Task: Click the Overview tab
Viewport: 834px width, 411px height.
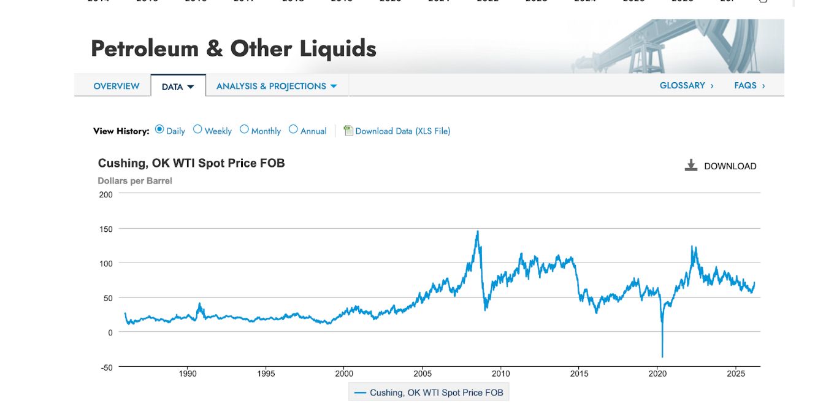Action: pos(117,86)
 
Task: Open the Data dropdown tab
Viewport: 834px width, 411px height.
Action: pos(177,87)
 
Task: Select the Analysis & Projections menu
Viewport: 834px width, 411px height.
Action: pos(277,86)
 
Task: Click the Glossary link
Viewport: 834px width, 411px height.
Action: pos(686,86)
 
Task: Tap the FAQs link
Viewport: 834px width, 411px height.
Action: pos(749,86)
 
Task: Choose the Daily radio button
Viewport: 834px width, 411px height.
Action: pos(159,129)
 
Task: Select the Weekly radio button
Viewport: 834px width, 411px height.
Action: pos(197,129)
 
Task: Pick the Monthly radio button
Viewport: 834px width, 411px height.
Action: pos(244,129)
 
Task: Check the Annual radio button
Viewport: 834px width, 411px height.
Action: pos(293,129)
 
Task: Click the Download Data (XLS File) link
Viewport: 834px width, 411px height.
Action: pos(402,131)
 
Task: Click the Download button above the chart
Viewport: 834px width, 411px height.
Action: pos(721,166)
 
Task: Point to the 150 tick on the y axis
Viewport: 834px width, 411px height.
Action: pos(105,229)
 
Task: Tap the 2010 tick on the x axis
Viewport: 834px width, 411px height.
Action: pos(501,374)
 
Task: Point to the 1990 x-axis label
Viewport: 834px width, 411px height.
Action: pos(188,374)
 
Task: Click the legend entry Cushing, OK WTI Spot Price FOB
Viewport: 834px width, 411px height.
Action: pos(429,393)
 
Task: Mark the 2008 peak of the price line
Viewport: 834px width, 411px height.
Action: pos(478,231)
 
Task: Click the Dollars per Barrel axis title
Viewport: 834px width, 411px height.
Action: pos(135,181)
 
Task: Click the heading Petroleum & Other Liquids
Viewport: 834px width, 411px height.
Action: pos(233,48)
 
